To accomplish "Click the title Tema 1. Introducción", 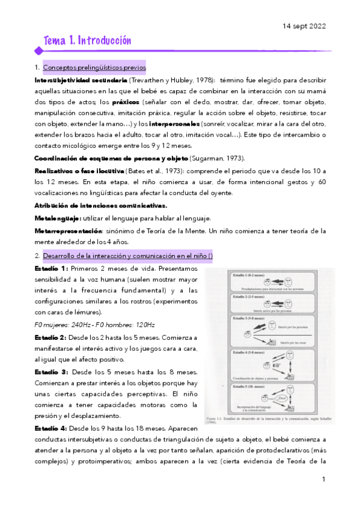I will (x=87, y=41).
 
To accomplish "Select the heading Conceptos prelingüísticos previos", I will (x=94, y=68).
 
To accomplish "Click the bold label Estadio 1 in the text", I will (x=51, y=268).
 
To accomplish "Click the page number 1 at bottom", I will (x=323, y=479).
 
